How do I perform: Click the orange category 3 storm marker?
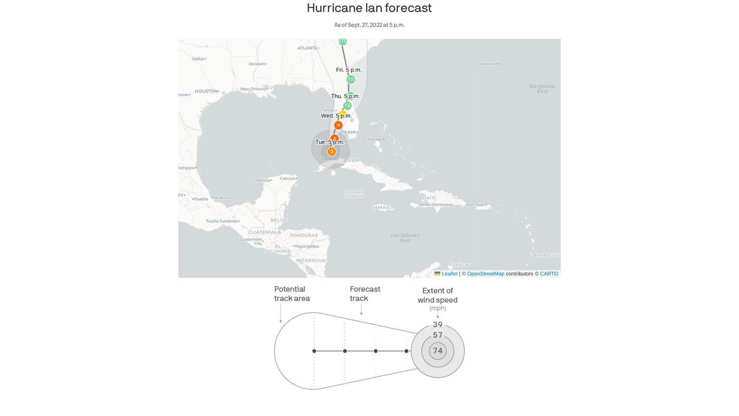click(332, 152)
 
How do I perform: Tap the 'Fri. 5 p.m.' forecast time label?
click(348, 70)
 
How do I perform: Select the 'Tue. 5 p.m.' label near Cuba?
click(329, 142)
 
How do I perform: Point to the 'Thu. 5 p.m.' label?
click(345, 96)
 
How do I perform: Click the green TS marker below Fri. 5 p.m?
click(351, 80)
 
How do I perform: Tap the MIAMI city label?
click(349, 132)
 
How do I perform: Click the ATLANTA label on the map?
click(307, 48)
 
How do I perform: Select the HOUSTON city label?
click(206, 91)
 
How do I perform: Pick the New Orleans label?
click(253, 89)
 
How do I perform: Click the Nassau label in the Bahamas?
click(375, 139)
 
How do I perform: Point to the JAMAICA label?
click(383, 207)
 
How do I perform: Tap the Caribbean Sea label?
click(405, 237)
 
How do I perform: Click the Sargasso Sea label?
click(542, 88)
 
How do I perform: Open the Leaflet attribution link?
click(449, 274)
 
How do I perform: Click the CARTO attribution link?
click(549, 274)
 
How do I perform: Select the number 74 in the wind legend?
click(438, 351)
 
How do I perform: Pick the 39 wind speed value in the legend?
click(438, 324)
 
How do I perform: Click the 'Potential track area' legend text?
click(292, 294)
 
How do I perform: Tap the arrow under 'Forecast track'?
click(361, 310)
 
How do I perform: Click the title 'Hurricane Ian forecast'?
click(369, 8)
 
